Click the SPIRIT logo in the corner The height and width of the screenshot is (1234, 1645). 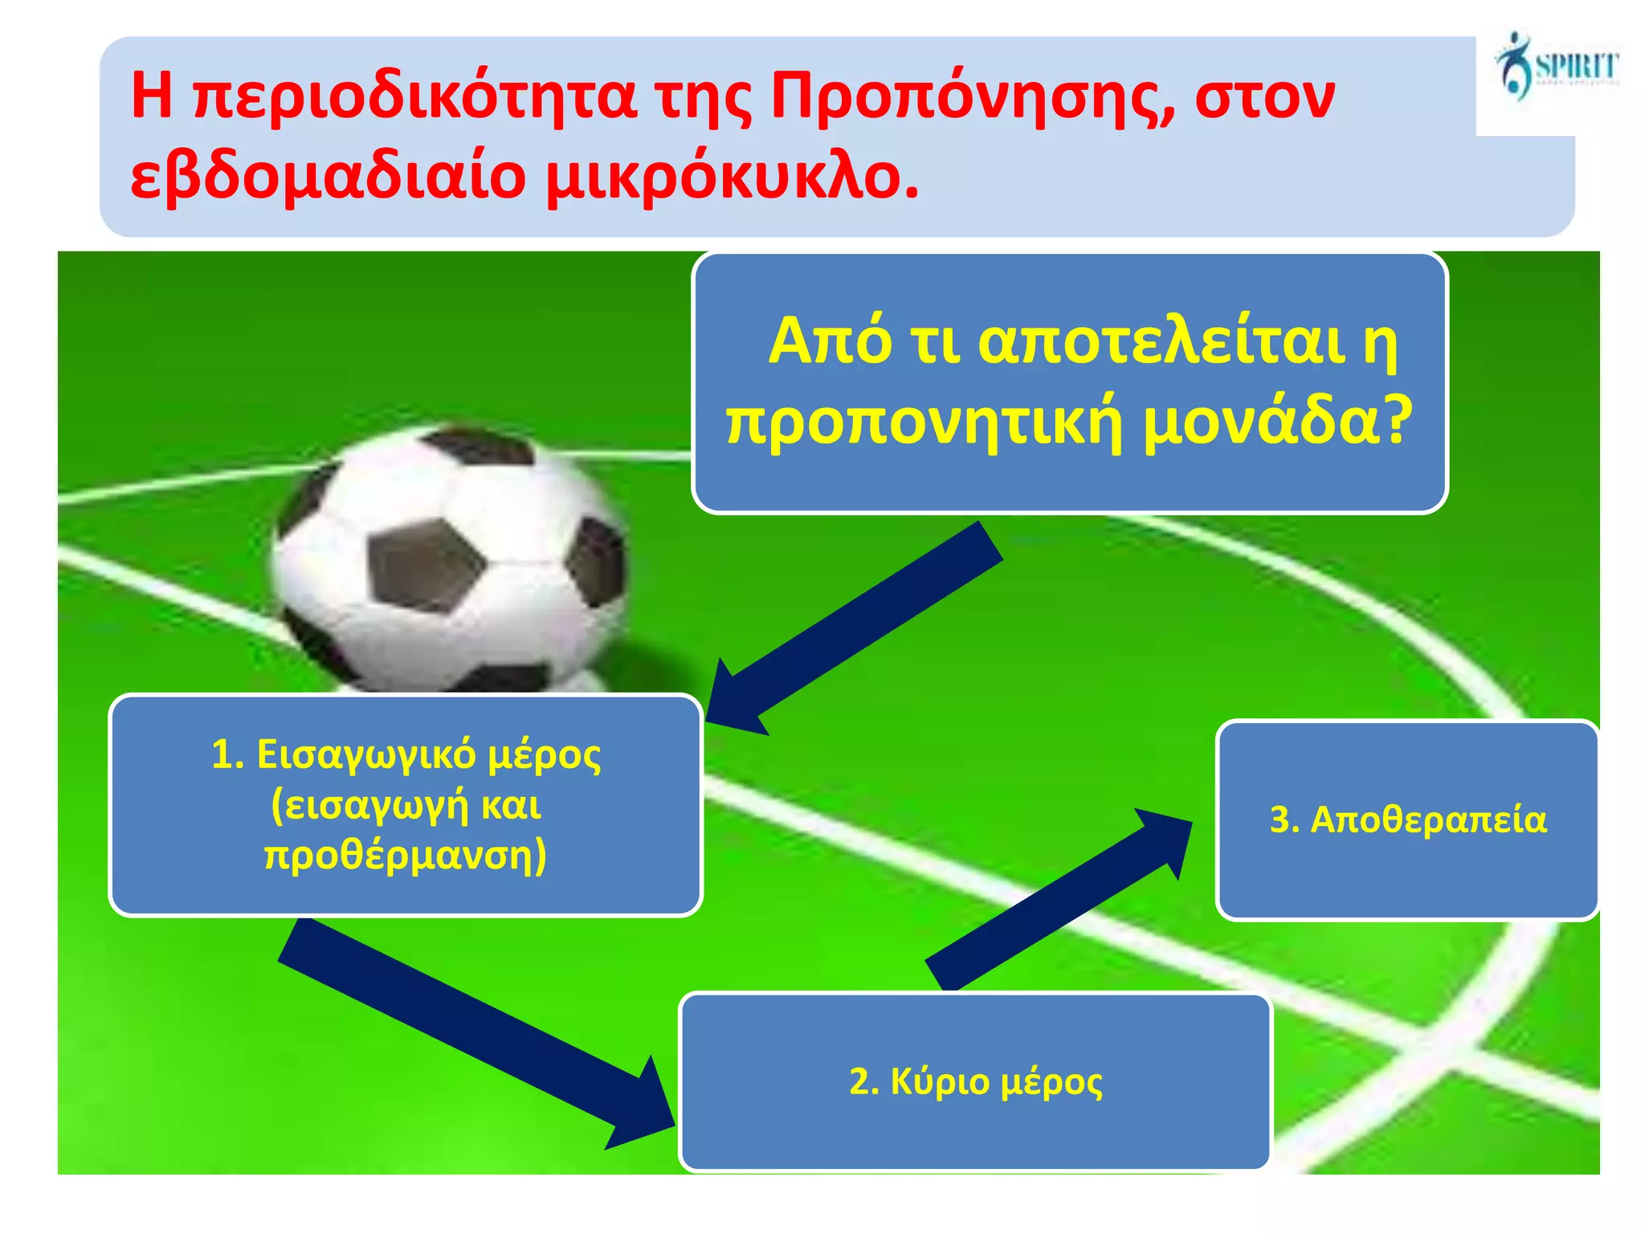click(1556, 67)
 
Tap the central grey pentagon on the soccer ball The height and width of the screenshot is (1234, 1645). click(426, 562)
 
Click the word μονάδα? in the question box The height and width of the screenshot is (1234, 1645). click(1277, 421)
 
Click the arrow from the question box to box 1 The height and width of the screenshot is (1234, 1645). click(859, 627)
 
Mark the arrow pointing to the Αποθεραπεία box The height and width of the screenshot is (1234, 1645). click(1060, 900)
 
